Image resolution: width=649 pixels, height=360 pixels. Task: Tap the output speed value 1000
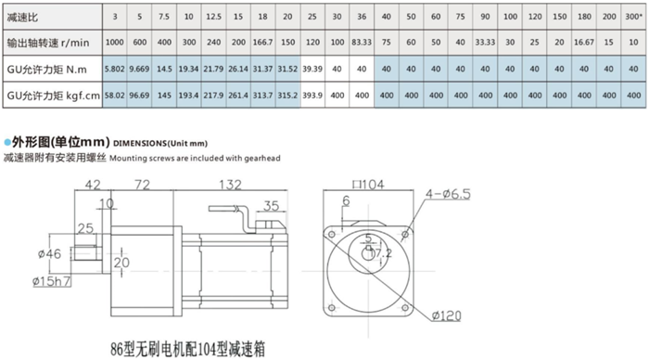[114, 42]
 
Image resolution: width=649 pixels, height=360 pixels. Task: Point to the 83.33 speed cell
[362, 42]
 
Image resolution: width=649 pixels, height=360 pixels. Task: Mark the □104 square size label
[366, 186]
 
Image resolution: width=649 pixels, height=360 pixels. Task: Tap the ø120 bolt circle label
[448, 316]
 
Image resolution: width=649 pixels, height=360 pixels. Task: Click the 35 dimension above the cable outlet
[272, 206]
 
